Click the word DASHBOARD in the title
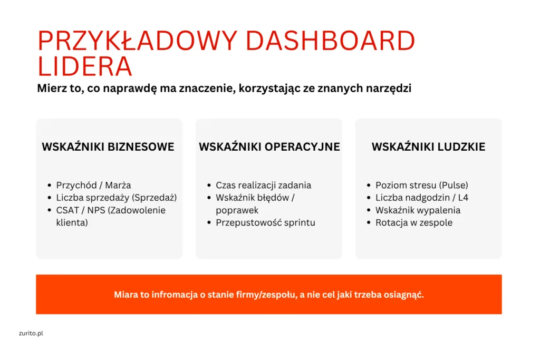point(330,41)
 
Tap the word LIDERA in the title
point(85,66)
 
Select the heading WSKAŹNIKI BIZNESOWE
point(108,147)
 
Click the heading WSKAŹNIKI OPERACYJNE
point(269,147)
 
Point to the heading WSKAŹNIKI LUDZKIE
point(428,147)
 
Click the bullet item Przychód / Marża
point(94,185)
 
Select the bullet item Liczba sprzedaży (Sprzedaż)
point(117,198)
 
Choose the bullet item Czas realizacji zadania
point(264,185)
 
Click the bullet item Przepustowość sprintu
point(266,222)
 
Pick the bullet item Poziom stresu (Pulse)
point(422,185)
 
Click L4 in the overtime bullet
point(463,198)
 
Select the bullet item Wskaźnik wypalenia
point(418,210)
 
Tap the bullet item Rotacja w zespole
point(414,222)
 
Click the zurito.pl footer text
point(31,333)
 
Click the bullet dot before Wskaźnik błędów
point(209,198)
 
